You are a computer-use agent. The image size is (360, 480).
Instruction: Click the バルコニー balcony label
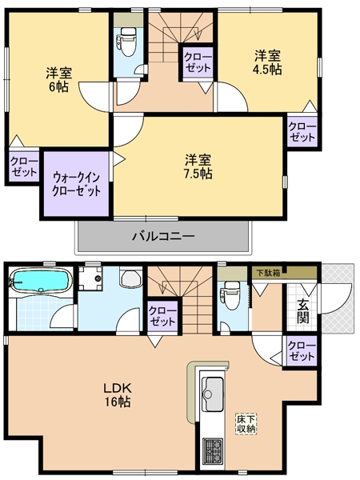click(x=163, y=237)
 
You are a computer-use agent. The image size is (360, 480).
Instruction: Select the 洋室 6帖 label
click(x=58, y=78)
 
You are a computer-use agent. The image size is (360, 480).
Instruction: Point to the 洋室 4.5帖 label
click(x=268, y=62)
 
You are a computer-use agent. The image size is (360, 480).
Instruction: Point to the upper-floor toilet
click(x=126, y=38)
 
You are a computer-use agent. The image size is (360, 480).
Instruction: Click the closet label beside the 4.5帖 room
click(x=198, y=62)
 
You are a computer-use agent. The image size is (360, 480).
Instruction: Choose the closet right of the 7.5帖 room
click(x=302, y=131)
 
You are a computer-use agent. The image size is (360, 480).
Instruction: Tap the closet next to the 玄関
click(x=302, y=350)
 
